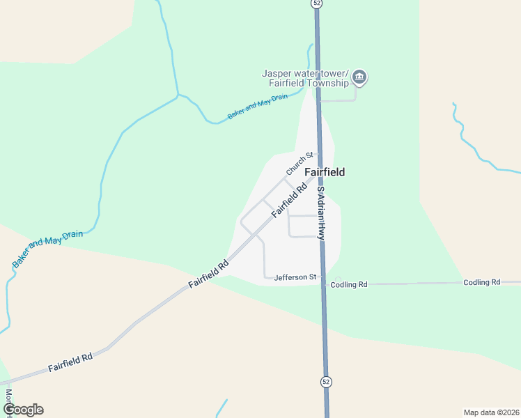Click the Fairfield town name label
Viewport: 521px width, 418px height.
[x=325, y=172]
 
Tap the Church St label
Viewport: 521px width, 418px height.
[x=300, y=164]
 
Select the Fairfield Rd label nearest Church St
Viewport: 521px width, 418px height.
[x=290, y=199]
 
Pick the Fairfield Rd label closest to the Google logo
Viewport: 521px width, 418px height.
[x=70, y=362]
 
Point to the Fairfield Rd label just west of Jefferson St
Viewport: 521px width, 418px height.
[x=209, y=274]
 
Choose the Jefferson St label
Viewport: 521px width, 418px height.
[x=295, y=277]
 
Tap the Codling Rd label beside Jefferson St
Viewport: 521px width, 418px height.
[x=349, y=284]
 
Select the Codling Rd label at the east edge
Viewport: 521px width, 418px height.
[x=482, y=282]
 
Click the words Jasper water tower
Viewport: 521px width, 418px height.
[x=305, y=73]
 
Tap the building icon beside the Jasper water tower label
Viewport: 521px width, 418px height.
[x=359, y=77]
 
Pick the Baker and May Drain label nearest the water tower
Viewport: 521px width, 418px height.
[x=258, y=107]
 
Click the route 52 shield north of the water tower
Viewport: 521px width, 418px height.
[x=316, y=3]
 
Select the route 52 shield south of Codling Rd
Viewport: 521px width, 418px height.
[x=326, y=382]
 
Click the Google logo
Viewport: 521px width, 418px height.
[x=22, y=410]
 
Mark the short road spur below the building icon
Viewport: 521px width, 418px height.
[x=339, y=100]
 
